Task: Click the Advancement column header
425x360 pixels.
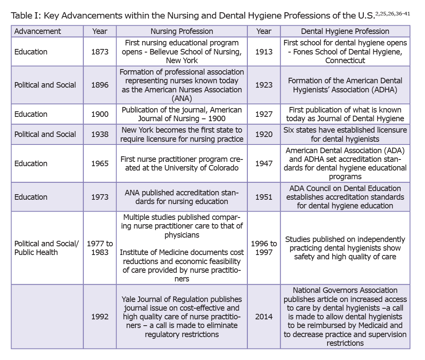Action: [x=38, y=31]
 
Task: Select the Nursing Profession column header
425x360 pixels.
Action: [x=182, y=31]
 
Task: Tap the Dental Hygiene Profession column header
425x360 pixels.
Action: [x=345, y=31]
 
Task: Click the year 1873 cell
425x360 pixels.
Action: [x=99, y=52]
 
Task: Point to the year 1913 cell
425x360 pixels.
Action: [x=264, y=52]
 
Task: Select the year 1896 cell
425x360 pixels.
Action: [x=99, y=85]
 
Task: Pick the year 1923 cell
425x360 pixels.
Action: [x=264, y=85]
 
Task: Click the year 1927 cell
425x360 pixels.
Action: [x=264, y=114]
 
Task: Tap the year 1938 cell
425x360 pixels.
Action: [x=99, y=134]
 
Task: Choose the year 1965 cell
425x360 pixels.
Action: [x=99, y=163]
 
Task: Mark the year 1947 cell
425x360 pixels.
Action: [x=264, y=163]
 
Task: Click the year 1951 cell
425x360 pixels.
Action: [x=264, y=197]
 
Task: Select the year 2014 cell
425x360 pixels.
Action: [x=264, y=317]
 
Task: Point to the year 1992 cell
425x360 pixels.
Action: [x=99, y=317]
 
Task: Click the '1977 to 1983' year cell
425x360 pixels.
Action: [x=99, y=248]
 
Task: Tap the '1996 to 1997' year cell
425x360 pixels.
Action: [x=264, y=248]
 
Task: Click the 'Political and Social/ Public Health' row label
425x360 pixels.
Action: [x=45, y=248]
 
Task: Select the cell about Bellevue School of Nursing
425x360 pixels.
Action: [x=182, y=52]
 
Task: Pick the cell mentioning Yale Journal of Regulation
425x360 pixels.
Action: [x=182, y=317]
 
